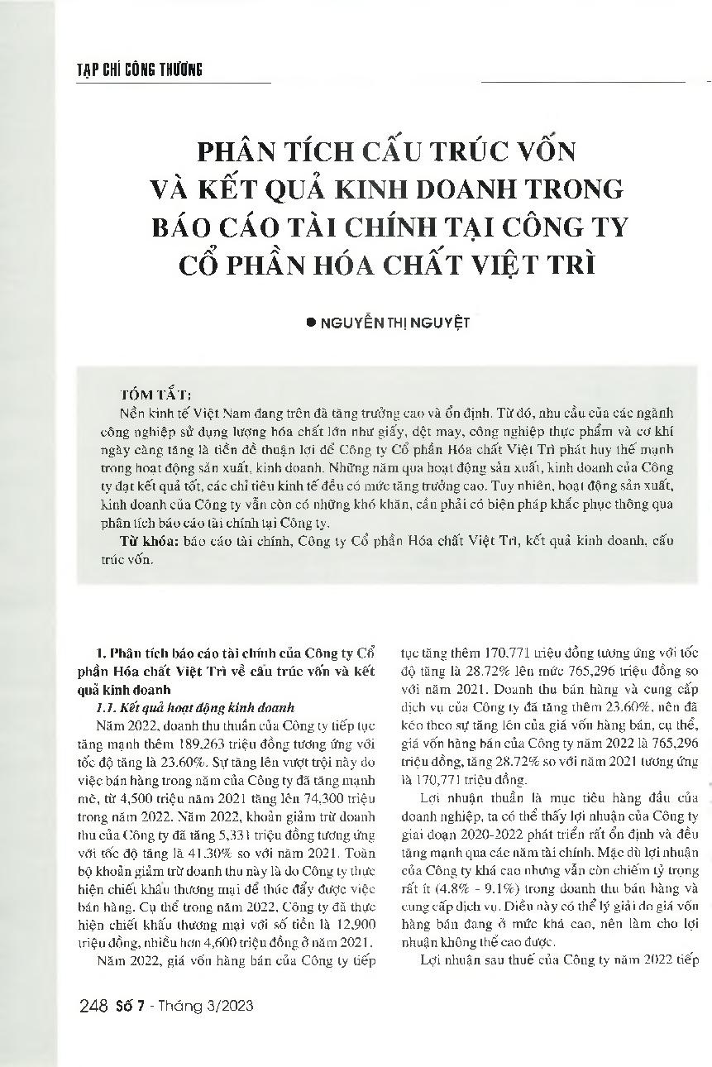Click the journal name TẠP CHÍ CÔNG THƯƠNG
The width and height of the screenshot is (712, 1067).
(x=133, y=69)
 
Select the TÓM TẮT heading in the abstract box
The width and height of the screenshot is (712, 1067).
(x=156, y=395)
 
